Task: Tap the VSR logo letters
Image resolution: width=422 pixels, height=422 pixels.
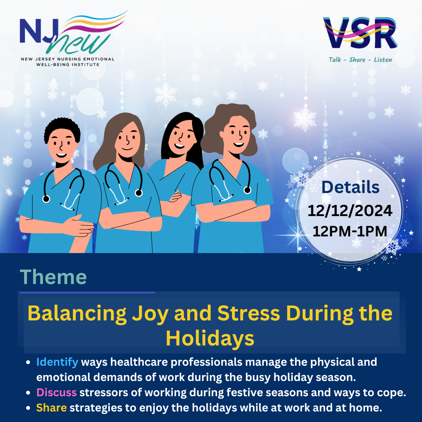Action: (360, 33)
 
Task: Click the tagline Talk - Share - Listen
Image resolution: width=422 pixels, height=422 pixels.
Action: (360, 60)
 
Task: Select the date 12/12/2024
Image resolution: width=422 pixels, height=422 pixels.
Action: (350, 211)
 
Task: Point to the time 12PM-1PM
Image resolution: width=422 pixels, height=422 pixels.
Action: (350, 231)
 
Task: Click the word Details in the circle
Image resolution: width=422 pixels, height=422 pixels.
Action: (350, 188)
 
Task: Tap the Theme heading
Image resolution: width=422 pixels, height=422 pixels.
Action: (53, 277)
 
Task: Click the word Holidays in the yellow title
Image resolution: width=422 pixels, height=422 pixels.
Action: (210, 338)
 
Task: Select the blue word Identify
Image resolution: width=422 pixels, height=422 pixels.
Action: (57, 362)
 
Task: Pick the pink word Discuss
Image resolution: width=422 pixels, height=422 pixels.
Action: (57, 392)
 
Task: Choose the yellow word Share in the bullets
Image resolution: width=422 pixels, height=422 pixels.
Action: (52, 408)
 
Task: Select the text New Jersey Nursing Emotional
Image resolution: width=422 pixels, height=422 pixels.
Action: (68, 59)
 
